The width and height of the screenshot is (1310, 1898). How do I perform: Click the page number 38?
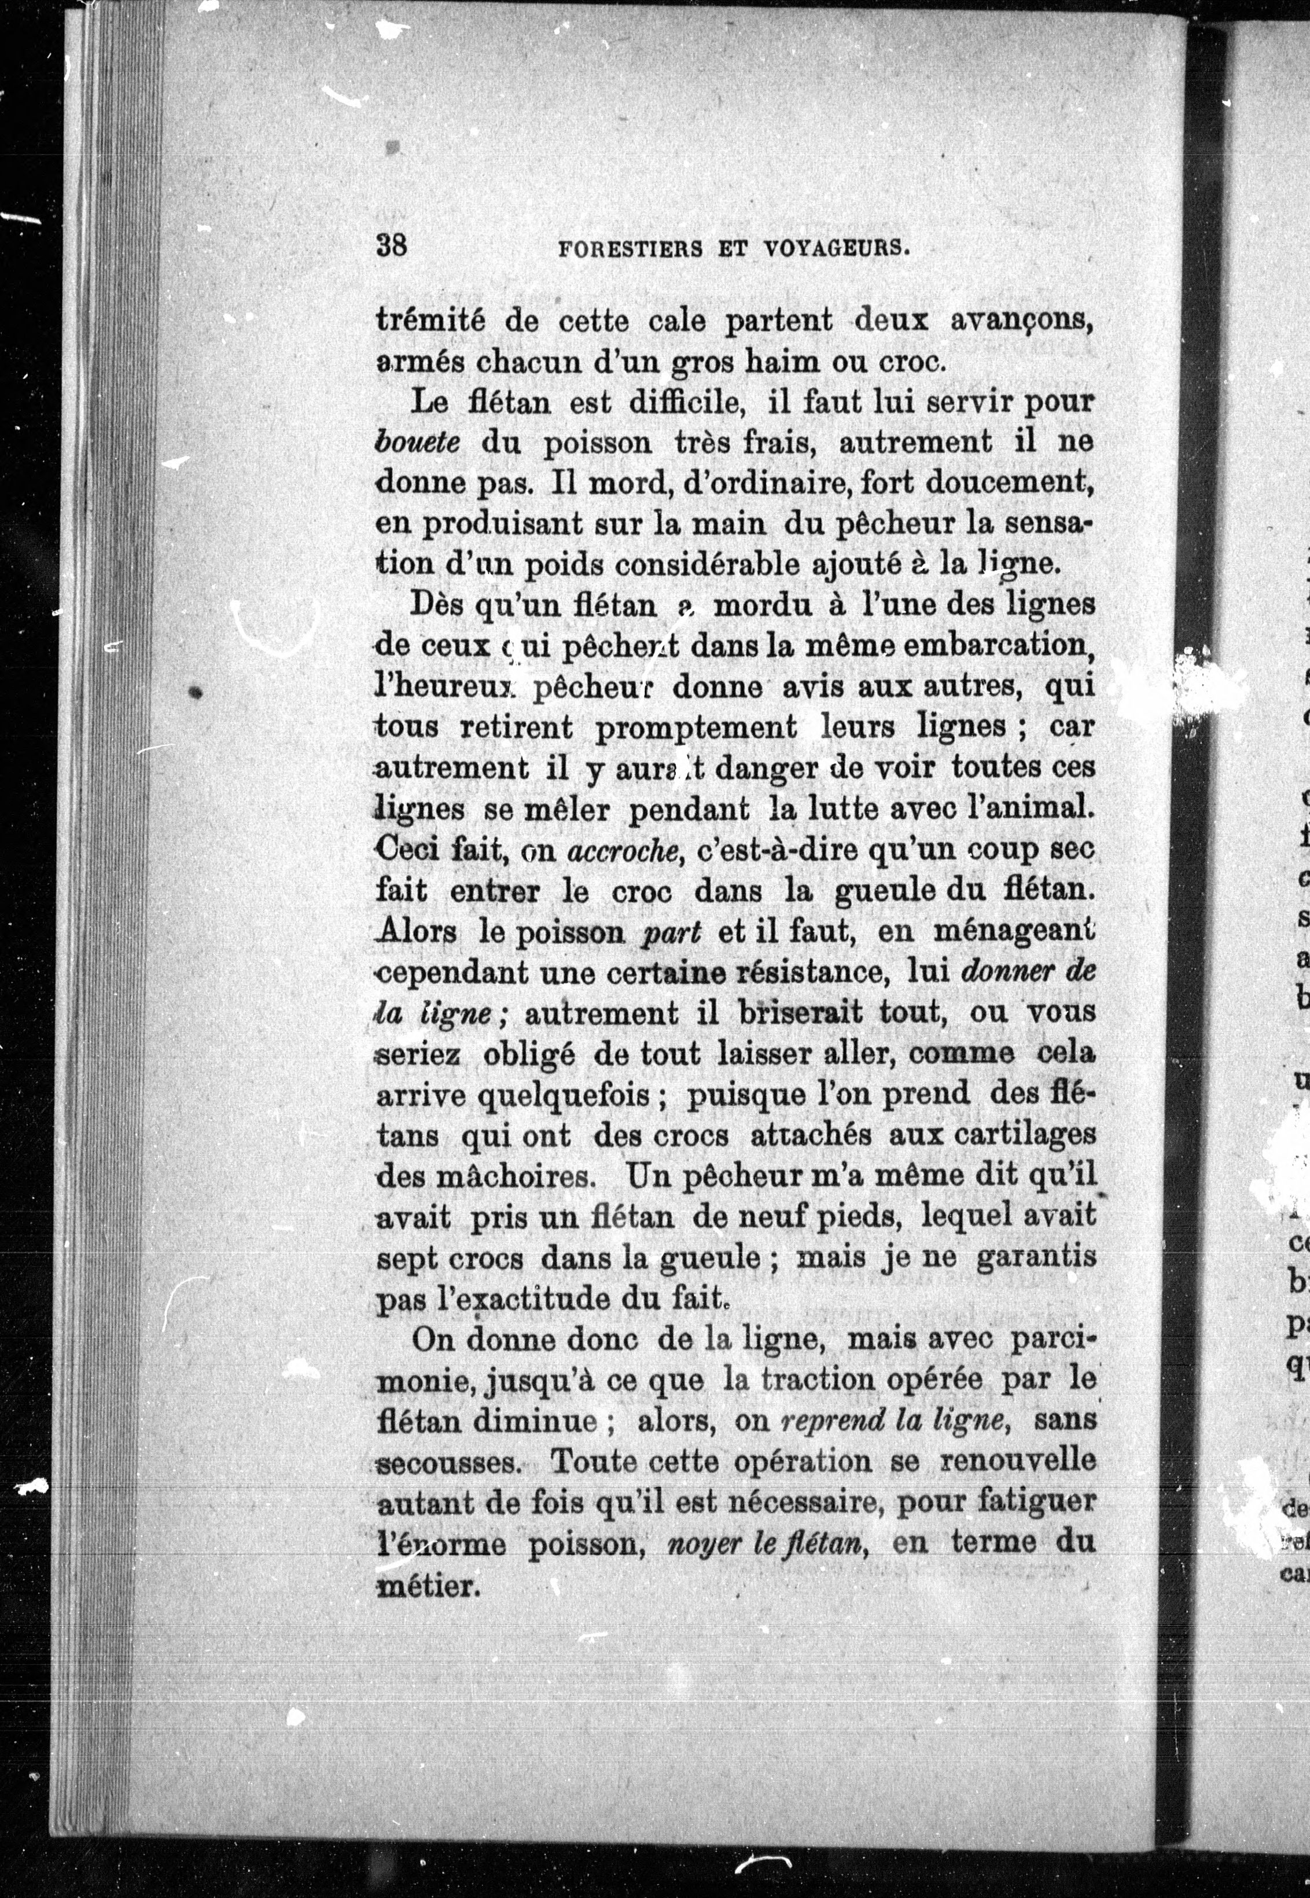coord(392,245)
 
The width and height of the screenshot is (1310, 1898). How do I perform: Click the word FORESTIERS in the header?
coord(630,249)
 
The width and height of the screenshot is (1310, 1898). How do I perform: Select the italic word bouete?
coord(416,443)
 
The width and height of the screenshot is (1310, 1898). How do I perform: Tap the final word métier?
coord(427,1585)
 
